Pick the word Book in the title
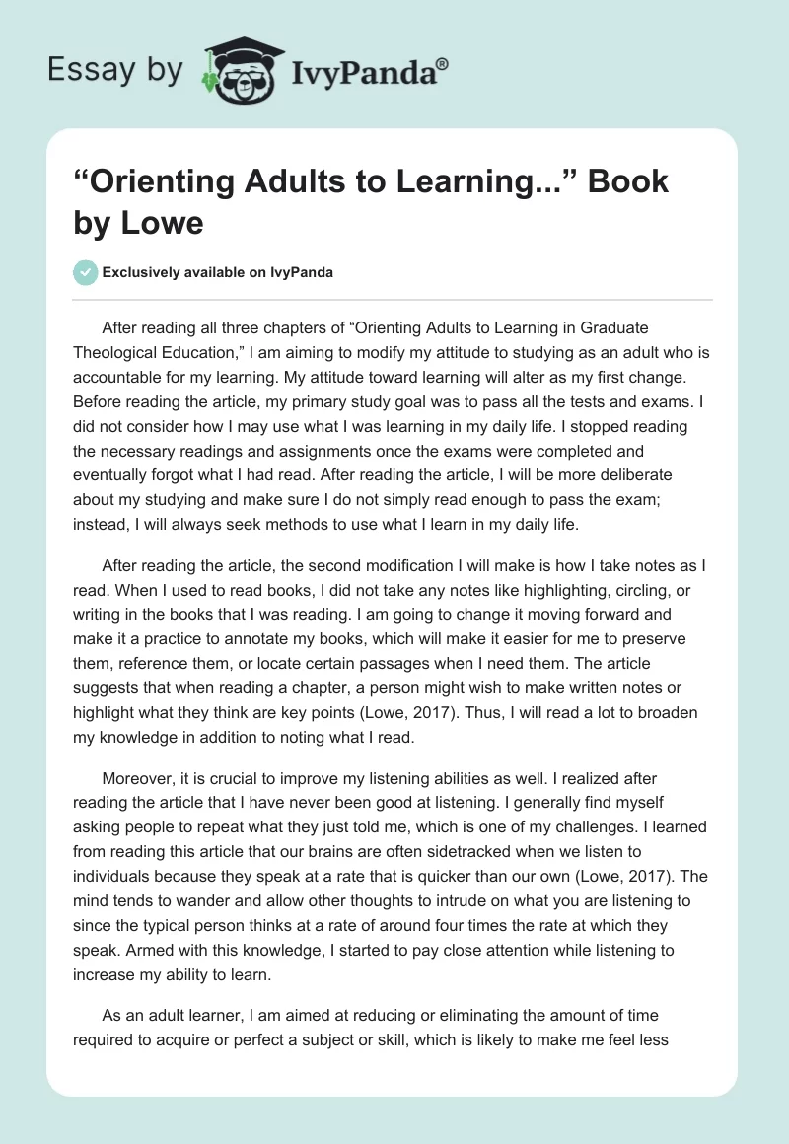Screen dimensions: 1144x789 (627, 181)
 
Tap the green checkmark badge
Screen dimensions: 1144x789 (85, 272)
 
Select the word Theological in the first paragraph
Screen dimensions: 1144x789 (128, 352)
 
